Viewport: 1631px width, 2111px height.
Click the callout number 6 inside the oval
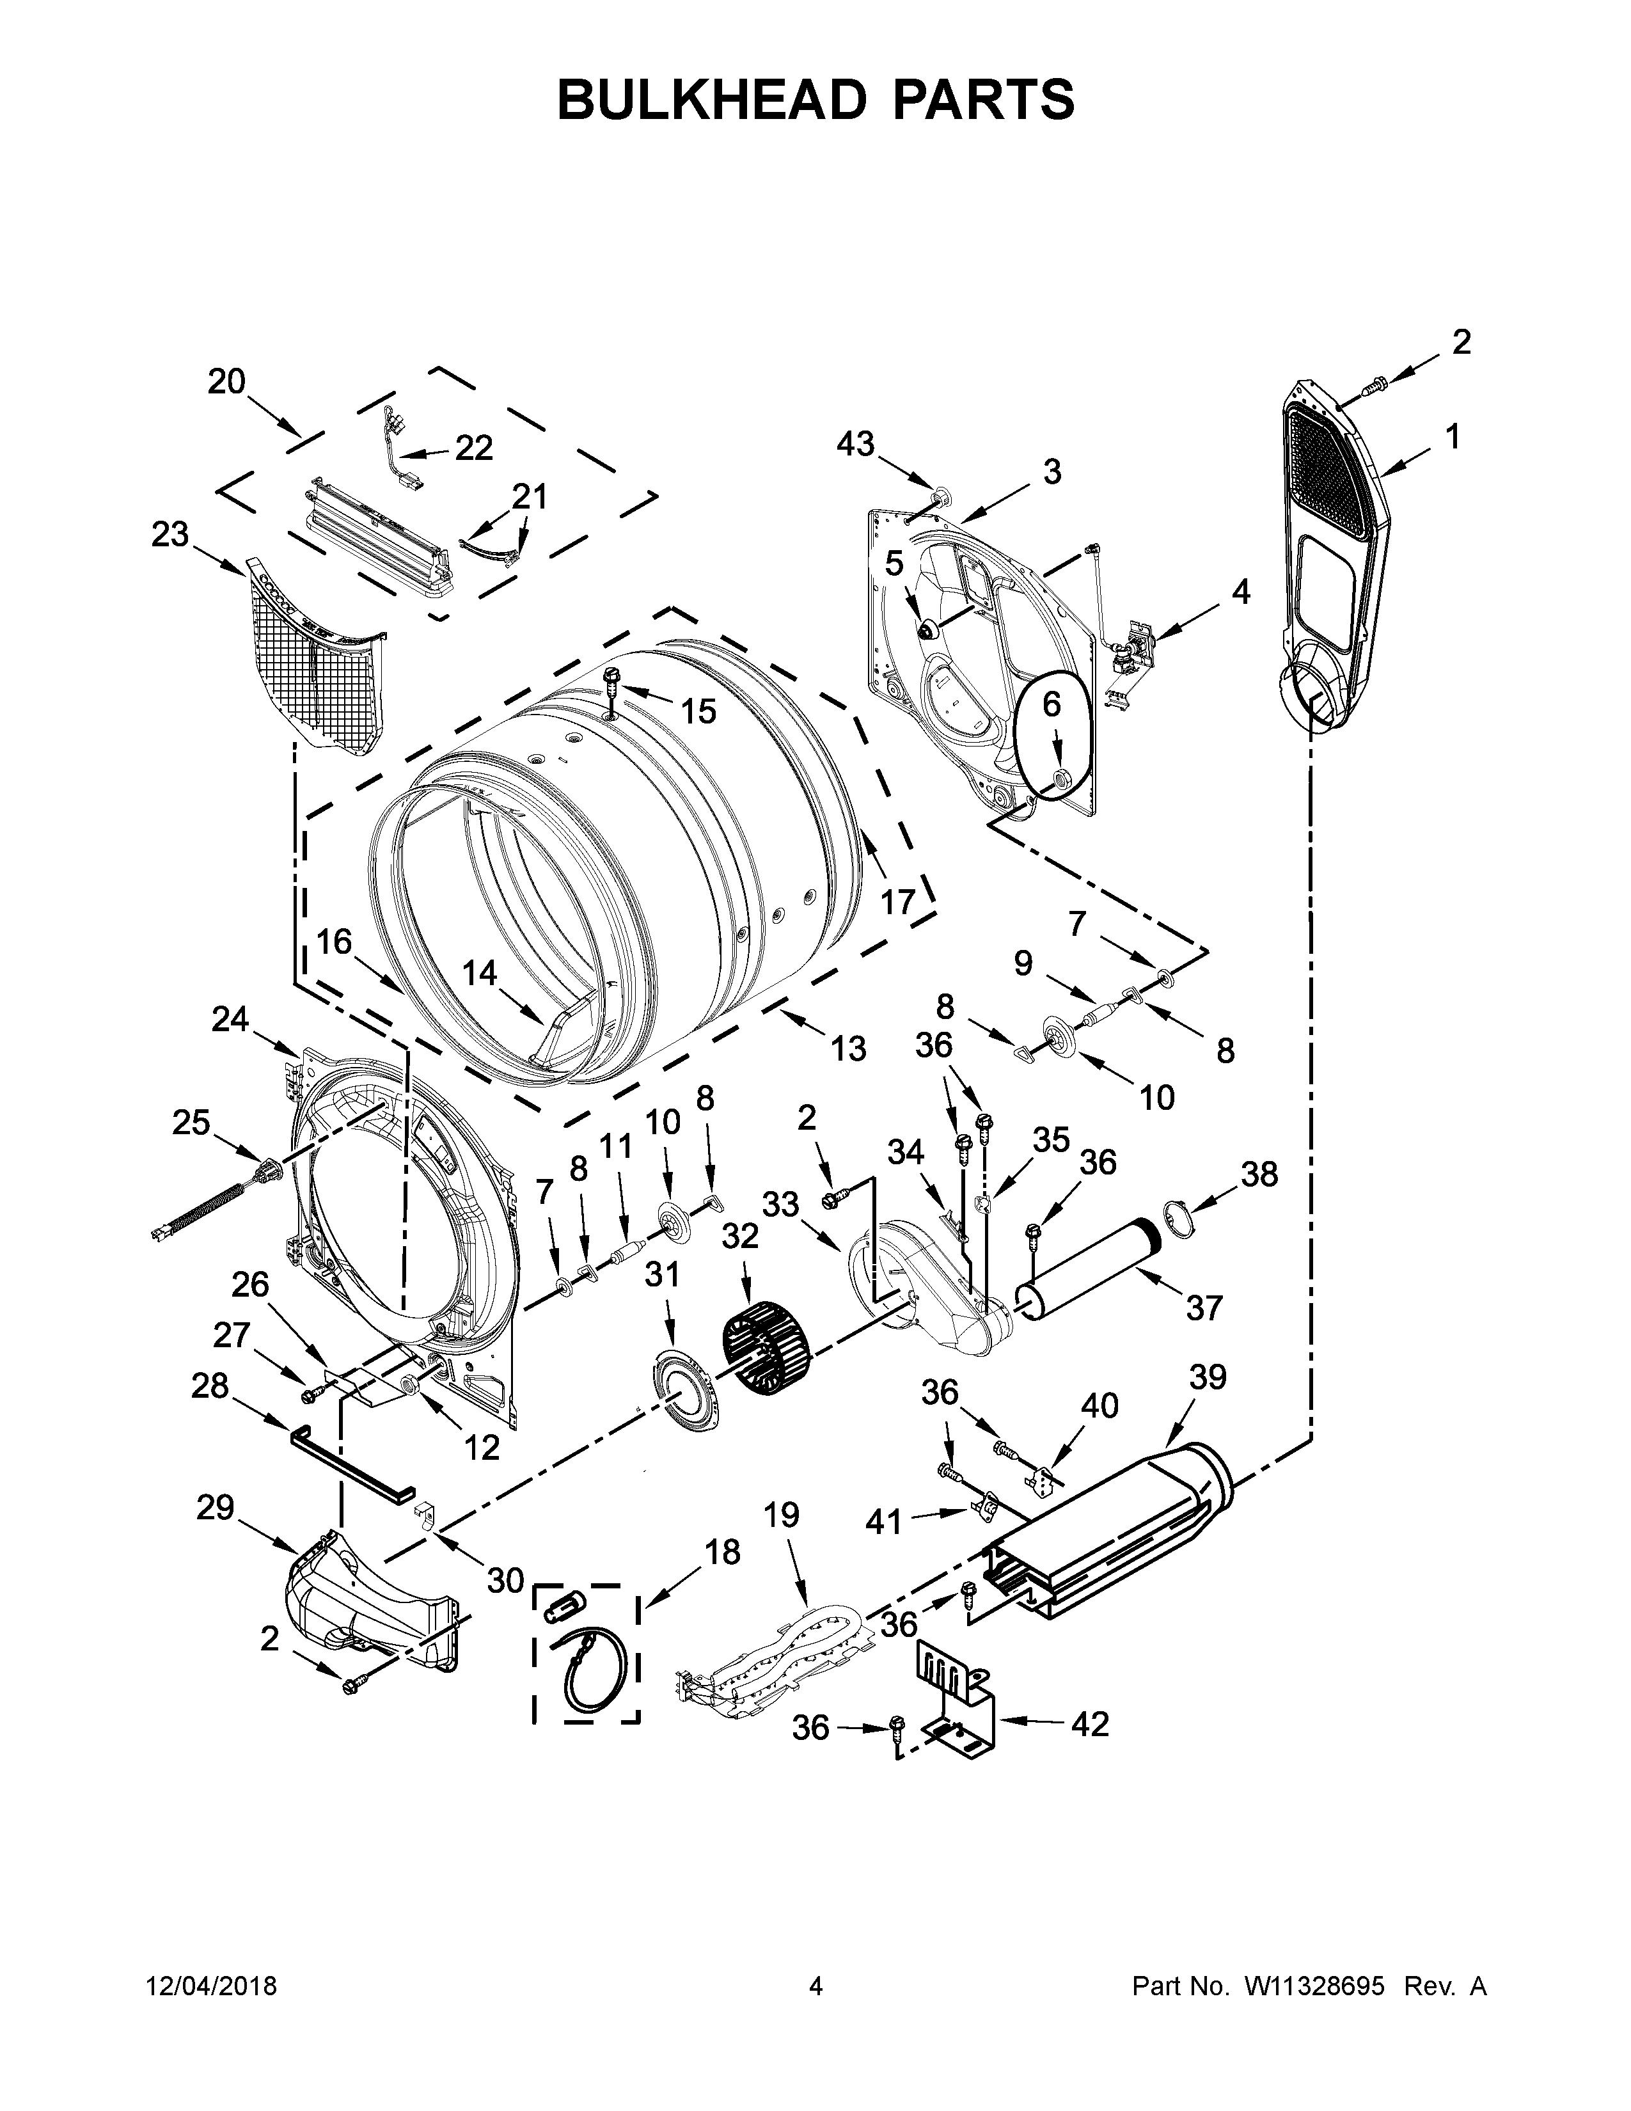[1052, 705]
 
